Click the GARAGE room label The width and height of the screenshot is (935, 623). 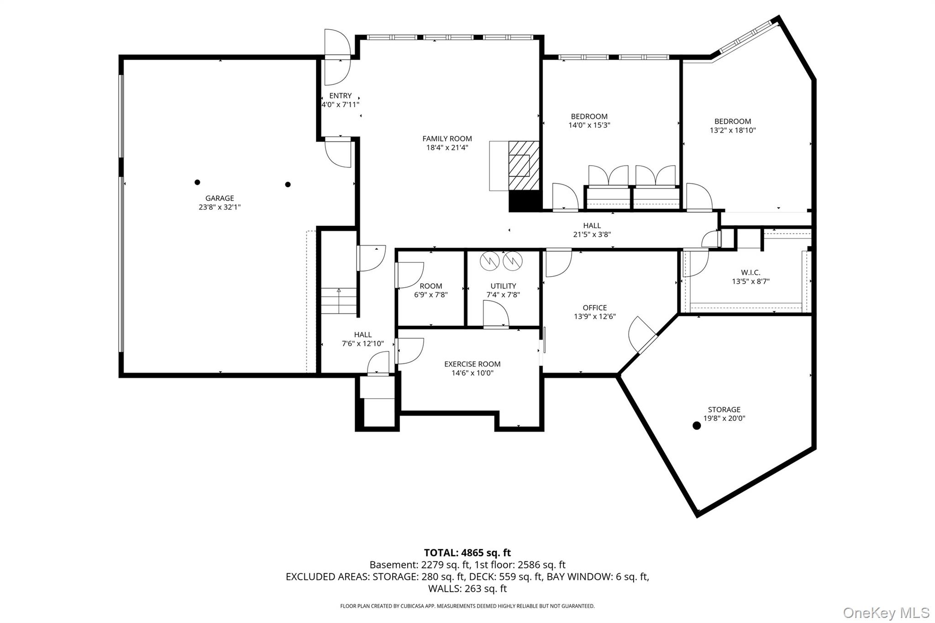[x=220, y=198]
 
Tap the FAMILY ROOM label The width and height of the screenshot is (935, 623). [x=447, y=139]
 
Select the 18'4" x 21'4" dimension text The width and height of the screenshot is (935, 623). [x=447, y=147]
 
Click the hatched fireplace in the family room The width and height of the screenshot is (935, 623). [x=524, y=165]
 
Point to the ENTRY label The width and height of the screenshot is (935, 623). [x=341, y=96]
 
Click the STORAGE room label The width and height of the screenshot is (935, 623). [x=724, y=409]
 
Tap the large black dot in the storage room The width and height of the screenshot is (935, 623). [x=697, y=426]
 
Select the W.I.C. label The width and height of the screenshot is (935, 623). [x=751, y=272]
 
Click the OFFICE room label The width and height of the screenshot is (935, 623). [x=595, y=308]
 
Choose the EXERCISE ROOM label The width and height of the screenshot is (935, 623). [x=472, y=364]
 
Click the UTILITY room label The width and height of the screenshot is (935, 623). [x=503, y=286]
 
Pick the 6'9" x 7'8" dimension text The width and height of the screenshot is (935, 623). [x=431, y=295]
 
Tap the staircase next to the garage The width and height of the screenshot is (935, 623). [x=338, y=301]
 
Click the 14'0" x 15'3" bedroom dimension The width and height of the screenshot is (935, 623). [x=589, y=125]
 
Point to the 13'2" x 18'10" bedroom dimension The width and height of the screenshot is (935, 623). [x=733, y=130]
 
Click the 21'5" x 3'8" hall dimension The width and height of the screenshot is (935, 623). [x=592, y=235]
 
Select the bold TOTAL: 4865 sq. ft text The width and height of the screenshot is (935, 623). [x=467, y=553]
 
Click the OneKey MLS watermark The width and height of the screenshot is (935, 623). [x=886, y=613]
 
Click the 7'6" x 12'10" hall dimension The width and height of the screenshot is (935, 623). [x=363, y=344]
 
